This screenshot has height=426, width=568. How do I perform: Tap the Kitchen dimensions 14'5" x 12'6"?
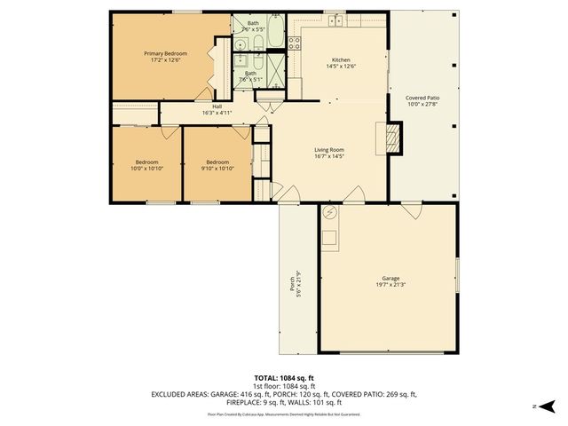point(341,67)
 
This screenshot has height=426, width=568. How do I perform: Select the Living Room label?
point(328,150)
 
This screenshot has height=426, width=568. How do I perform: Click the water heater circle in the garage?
point(330,213)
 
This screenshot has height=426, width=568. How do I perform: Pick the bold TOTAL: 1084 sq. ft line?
point(284,378)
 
